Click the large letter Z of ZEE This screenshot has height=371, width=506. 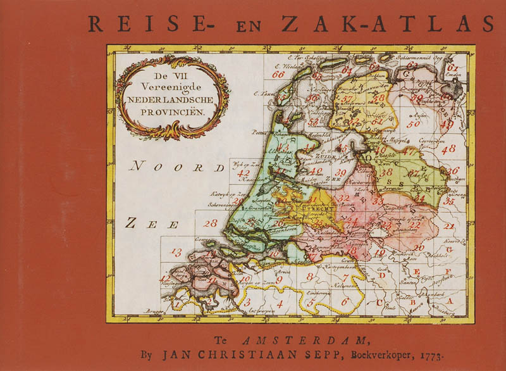[131, 222]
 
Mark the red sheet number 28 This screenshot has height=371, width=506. [211, 223]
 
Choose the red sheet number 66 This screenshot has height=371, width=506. [278, 75]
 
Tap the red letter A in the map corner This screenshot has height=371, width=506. [450, 302]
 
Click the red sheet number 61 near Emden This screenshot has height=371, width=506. [452, 68]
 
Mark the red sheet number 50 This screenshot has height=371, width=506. [413, 124]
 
